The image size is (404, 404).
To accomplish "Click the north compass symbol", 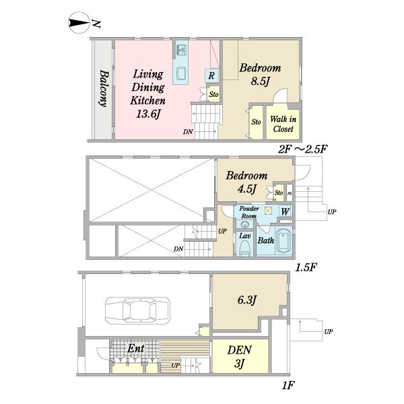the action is coord(79,23).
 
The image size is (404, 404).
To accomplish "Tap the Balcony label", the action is coord(104,88).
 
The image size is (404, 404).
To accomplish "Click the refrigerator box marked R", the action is coord(212,75).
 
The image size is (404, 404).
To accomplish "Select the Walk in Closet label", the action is coord(283,124).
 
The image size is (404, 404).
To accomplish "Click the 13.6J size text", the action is coord(147,114).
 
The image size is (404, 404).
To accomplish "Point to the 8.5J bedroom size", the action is coord(260,81).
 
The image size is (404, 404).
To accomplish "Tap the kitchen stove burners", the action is coord(182,49).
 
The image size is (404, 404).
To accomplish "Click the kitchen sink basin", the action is coord(182,73).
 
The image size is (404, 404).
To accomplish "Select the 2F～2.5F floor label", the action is coord(303,149).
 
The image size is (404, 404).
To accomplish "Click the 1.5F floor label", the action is coord(305,268).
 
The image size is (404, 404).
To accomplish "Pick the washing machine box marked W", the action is coord(285,211).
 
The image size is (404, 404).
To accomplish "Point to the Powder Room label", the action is coord(249,212).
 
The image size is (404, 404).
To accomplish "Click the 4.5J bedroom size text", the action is coord(246,189).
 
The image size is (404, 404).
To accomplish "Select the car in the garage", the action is coord(137,310).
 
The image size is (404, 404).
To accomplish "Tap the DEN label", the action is coord(239,350).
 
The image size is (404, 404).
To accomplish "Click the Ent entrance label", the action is coord(136,349).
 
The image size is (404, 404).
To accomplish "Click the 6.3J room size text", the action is coord(247,300).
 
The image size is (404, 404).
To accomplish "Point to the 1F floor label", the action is coord(288,386).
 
